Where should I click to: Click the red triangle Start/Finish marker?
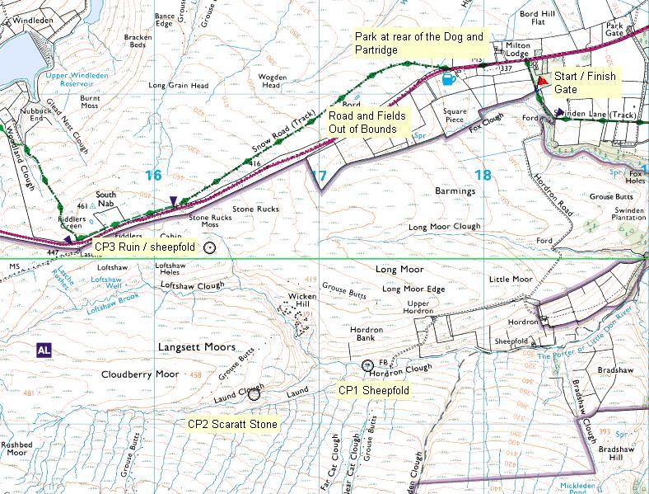[x=542, y=82]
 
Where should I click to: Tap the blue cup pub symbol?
[x=448, y=80]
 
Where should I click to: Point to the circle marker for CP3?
[x=209, y=246]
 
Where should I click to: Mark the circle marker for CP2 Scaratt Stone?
[x=254, y=394]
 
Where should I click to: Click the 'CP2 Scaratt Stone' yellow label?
[x=231, y=424]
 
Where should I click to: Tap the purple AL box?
[x=43, y=351]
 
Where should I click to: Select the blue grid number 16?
[x=152, y=175]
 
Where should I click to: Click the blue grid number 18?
[x=483, y=175]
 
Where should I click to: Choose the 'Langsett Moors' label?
[x=190, y=349]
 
